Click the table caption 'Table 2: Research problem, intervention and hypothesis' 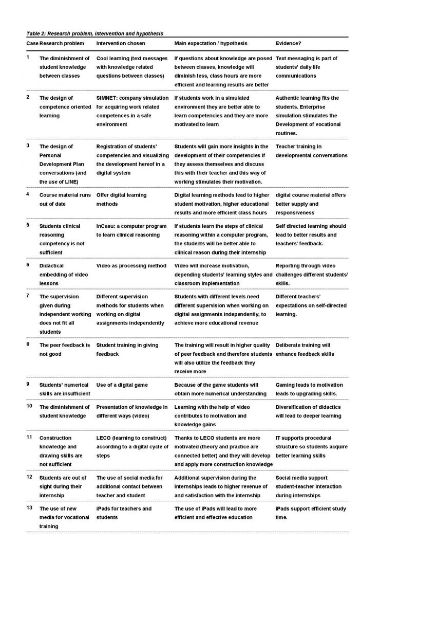tap(94, 33)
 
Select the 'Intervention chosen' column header tap(121, 43)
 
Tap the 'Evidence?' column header tap(288, 43)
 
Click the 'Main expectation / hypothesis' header tap(211, 43)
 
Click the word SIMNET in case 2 tap(107, 98)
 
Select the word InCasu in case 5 tap(106, 226)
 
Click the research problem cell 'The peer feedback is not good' tap(64, 349)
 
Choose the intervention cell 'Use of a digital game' tap(122, 385)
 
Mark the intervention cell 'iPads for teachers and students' tap(124, 513)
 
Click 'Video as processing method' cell tap(131, 265)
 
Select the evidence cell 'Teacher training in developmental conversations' tap(311, 151)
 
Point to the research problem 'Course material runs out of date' tap(64, 199)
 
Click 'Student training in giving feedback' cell tap(127, 349)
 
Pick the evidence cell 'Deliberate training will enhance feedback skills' tap(305, 349)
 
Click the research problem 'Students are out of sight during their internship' tap(63, 486)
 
